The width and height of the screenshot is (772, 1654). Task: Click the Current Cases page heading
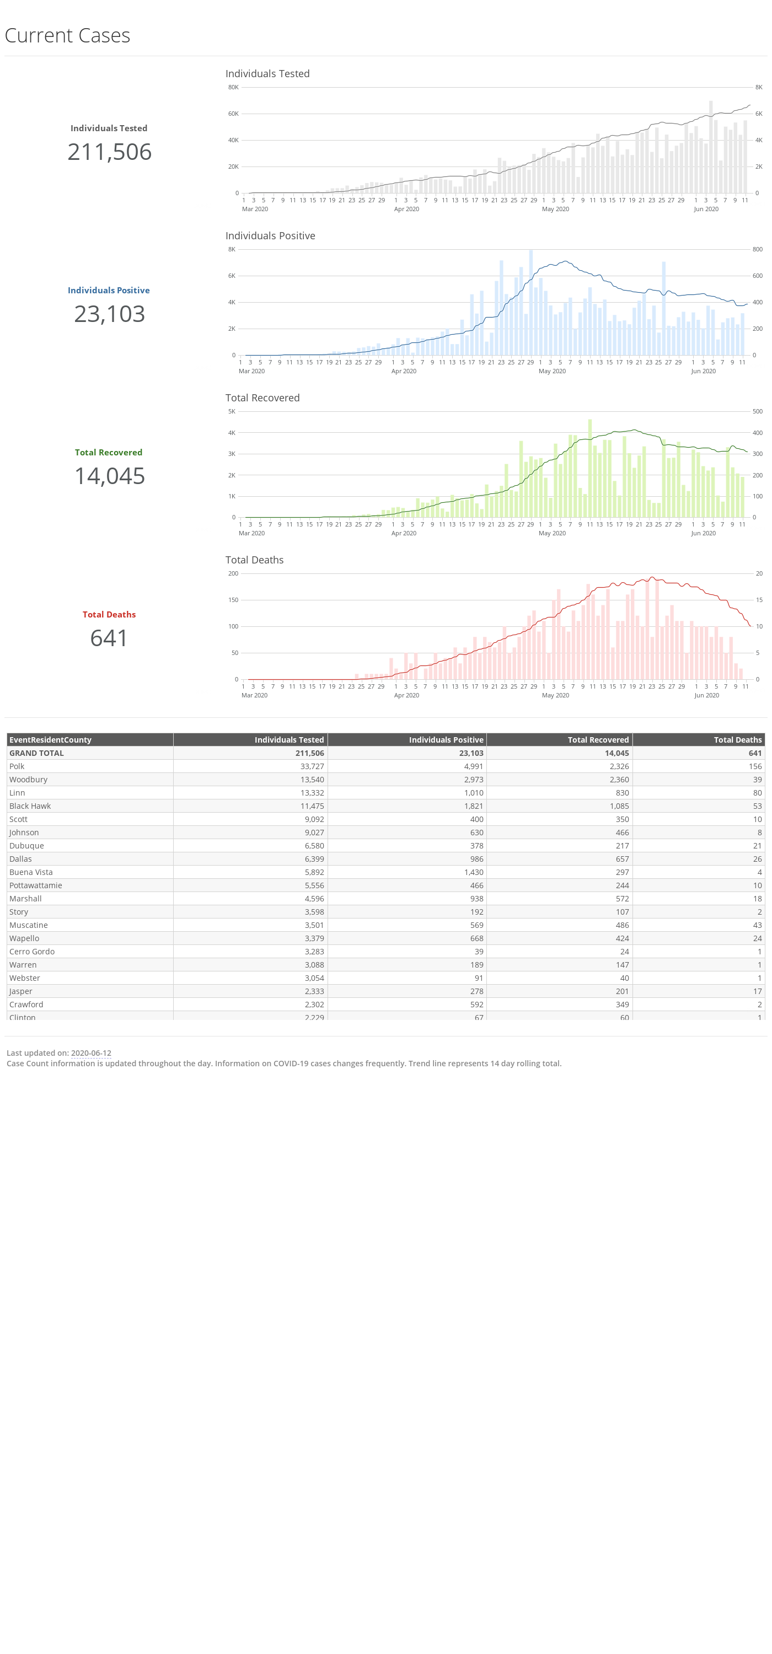click(67, 35)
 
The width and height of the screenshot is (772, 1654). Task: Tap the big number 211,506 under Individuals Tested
click(109, 152)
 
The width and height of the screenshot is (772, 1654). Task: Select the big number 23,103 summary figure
click(109, 314)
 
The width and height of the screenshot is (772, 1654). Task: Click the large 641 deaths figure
click(109, 638)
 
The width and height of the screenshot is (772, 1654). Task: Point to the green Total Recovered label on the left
click(109, 453)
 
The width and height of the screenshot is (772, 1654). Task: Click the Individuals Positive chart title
click(270, 235)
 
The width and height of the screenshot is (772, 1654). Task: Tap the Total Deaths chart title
click(254, 560)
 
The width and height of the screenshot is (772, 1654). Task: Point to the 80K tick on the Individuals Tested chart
click(233, 87)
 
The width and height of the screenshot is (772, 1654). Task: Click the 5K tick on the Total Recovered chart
click(232, 412)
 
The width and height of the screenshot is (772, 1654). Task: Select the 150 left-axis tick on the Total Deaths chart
click(233, 600)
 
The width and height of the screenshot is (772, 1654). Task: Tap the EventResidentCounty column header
click(50, 740)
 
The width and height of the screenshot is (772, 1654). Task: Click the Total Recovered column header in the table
click(598, 740)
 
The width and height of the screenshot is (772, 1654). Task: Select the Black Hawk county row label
click(30, 806)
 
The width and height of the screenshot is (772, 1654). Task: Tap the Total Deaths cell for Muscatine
click(757, 925)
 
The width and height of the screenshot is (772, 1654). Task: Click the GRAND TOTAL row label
click(36, 753)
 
